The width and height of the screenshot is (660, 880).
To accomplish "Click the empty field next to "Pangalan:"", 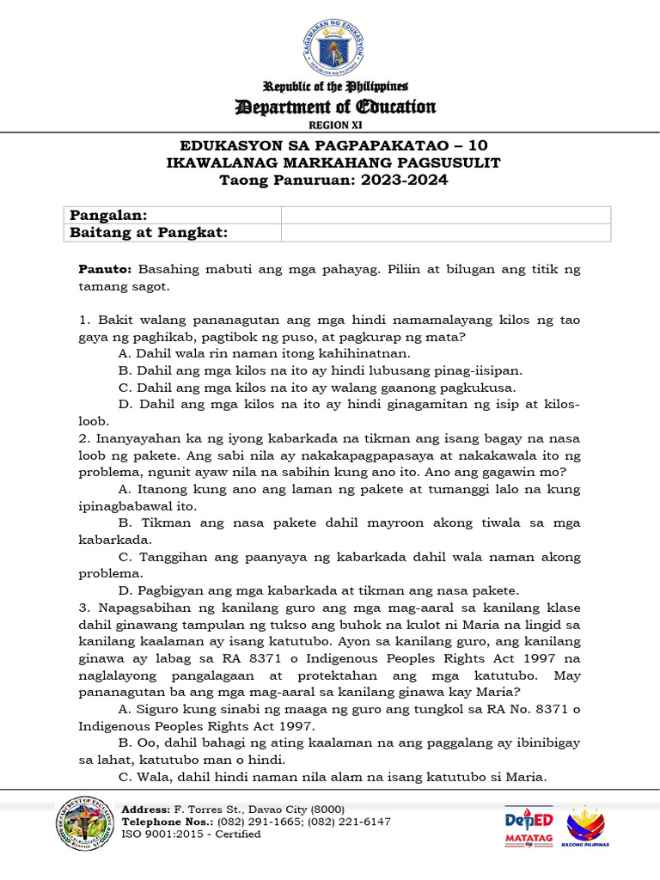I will (x=445, y=215).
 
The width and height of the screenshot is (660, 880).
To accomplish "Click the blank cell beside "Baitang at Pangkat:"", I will (x=445, y=233).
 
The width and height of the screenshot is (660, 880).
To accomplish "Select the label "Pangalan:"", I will (x=108, y=215).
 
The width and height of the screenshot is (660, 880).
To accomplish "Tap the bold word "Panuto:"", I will (x=104, y=269).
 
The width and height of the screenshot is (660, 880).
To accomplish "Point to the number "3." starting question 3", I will (x=84, y=608).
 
